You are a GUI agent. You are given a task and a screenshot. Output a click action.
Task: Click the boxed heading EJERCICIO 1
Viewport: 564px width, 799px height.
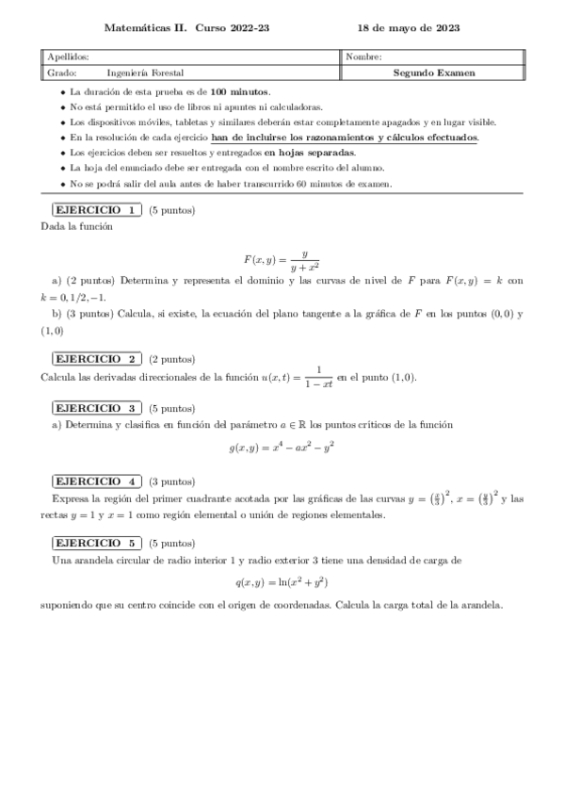(95, 210)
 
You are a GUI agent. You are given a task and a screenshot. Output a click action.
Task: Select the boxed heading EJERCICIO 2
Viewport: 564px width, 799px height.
(95, 359)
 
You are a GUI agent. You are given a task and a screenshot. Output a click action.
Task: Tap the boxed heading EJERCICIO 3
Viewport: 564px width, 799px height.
(95, 408)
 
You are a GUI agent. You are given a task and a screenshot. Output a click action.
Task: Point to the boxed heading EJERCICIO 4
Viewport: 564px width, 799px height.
(95, 481)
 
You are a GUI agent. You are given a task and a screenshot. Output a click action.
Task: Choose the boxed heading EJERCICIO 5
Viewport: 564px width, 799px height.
(95, 543)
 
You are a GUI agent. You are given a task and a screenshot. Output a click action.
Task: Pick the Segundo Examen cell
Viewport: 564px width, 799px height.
(434, 73)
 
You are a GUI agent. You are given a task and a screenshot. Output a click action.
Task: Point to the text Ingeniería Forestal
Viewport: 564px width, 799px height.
(145, 73)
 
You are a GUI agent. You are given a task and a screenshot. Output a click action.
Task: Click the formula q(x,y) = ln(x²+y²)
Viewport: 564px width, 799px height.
(282, 582)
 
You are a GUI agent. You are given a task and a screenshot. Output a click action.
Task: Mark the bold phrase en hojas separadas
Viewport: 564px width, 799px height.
(310, 153)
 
